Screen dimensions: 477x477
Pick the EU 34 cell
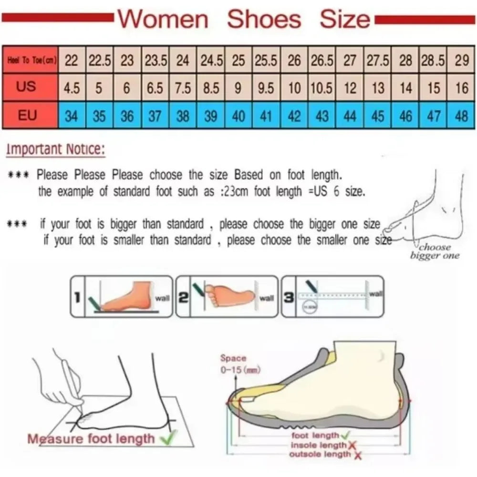point(72,116)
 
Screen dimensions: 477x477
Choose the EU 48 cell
point(461,116)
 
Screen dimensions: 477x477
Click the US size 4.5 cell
point(72,88)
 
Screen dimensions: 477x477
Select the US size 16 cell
point(461,88)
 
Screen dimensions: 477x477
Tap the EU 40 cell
point(238,116)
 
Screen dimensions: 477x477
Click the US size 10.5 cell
point(322,88)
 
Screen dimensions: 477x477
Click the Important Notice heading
point(55,149)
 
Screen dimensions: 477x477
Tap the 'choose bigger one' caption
point(435,251)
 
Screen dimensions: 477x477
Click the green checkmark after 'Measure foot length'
point(167,436)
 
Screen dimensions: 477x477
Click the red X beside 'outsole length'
point(357,455)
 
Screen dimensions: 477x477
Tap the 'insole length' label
point(318,445)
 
